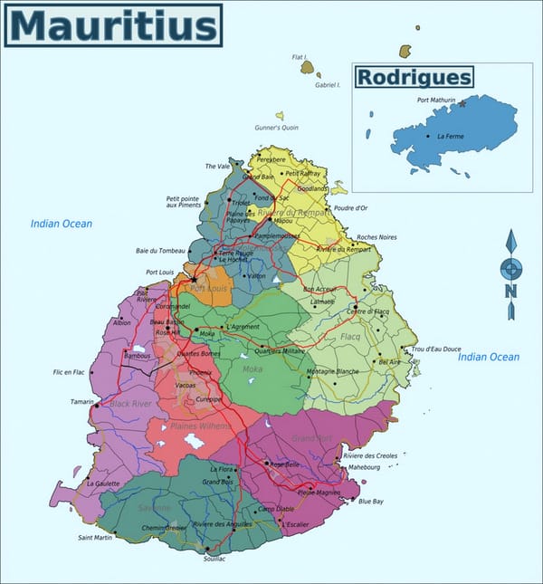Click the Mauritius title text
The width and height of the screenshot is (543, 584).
[x=112, y=25]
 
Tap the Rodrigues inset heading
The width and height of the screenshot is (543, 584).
[x=414, y=77]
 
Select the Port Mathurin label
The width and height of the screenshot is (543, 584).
[x=436, y=100]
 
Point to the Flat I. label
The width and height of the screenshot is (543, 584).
[x=300, y=57]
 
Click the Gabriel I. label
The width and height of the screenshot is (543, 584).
[x=328, y=85]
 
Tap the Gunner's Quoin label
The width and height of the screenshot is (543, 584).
[x=276, y=128]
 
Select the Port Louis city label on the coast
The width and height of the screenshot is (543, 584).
[x=159, y=272]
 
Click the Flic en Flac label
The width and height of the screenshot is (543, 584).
[x=69, y=372]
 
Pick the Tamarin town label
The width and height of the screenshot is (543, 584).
[x=81, y=401]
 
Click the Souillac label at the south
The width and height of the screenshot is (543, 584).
[x=214, y=559]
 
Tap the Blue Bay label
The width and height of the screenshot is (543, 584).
[x=371, y=501]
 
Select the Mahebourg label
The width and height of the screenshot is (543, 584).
[x=362, y=467]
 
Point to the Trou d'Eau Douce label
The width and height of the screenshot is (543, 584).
[x=436, y=349]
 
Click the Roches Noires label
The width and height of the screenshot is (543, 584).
[x=376, y=237]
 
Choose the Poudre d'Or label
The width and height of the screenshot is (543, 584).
[x=351, y=207]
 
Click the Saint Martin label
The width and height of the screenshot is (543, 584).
[x=95, y=538]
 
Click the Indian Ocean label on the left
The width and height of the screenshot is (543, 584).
[x=62, y=224]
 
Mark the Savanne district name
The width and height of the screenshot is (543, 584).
[x=155, y=508]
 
